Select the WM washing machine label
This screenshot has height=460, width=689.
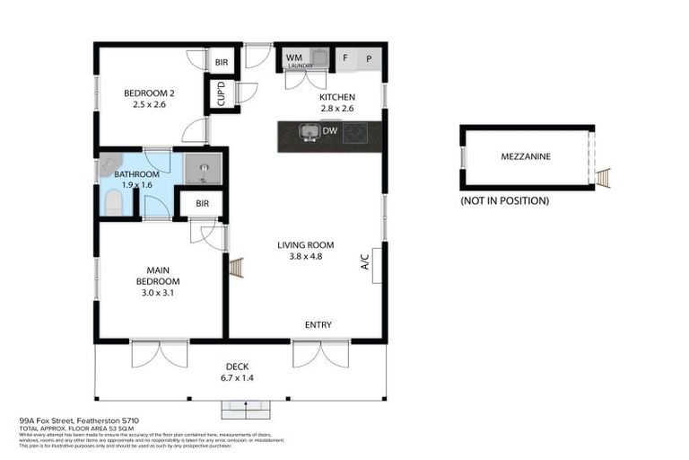coord(293,57)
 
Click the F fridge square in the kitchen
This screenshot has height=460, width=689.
coord(345,58)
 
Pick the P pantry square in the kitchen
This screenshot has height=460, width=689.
coord(370,58)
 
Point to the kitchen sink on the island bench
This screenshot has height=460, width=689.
coord(310,134)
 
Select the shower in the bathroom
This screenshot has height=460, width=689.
coord(202,167)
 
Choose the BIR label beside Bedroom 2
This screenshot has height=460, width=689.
coord(221,61)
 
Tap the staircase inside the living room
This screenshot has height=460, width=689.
coord(237,268)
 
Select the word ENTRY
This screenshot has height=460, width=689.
coord(318,324)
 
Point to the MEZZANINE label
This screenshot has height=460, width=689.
coord(526,156)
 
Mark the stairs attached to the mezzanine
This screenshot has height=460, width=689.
coord(603,178)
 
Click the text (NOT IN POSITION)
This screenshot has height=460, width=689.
coord(503,200)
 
